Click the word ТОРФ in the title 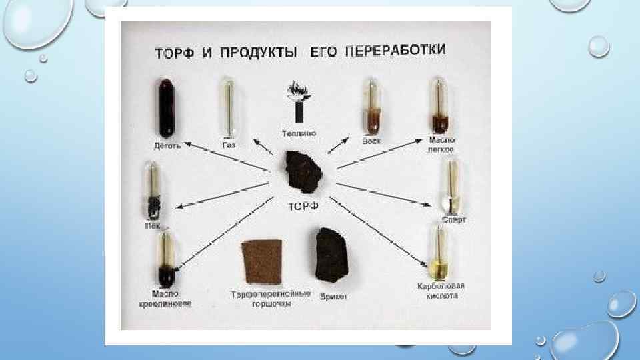[x=175, y=53]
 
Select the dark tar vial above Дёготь [x=165, y=107]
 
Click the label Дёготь [x=167, y=146]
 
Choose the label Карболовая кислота [x=440, y=291]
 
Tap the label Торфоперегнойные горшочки [x=270, y=298]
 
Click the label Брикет [x=333, y=296]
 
